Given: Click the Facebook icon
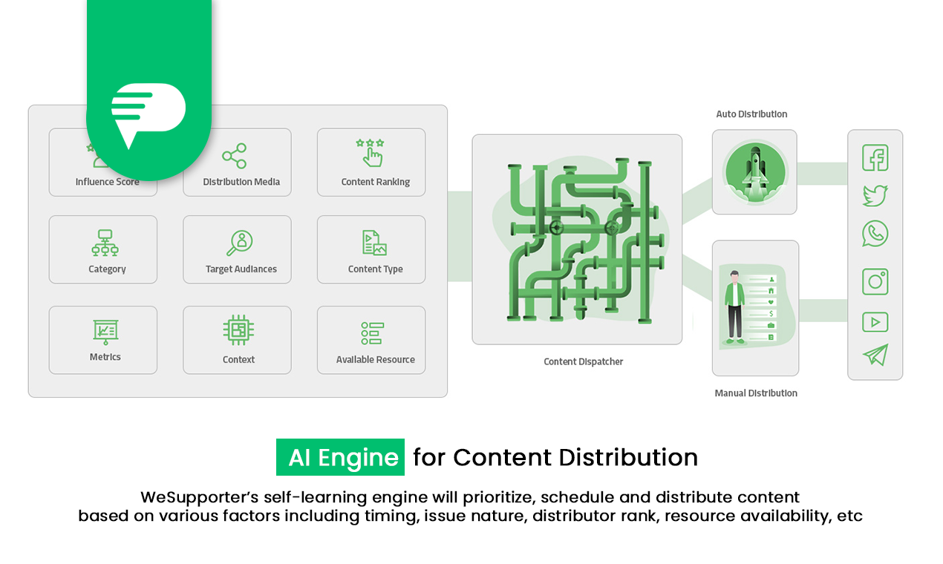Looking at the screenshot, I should click(875, 158).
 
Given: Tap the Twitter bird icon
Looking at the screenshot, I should click(875, 196).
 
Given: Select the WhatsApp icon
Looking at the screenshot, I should click(875, 234).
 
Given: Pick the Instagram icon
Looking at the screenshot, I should click(875, 282).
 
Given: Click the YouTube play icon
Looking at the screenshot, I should click(875, 322).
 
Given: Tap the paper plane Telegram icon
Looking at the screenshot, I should click(875, 355).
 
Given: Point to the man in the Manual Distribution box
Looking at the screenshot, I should click(734, 306).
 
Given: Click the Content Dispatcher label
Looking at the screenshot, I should click(584, 362).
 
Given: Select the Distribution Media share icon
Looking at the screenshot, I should click(235, 156).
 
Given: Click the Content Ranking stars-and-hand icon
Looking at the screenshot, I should click(370, 152).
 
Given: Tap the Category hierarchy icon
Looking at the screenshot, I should click(105, 243).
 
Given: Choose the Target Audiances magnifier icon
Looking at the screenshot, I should click(240, 243).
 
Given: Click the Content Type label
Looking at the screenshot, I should click(375, 269).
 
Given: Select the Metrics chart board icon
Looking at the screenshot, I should click(105, 332).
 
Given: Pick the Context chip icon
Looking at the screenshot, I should click(238, 330).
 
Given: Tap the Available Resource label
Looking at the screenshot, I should click(375, 360).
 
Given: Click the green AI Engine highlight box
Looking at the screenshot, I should click(340, 457).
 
